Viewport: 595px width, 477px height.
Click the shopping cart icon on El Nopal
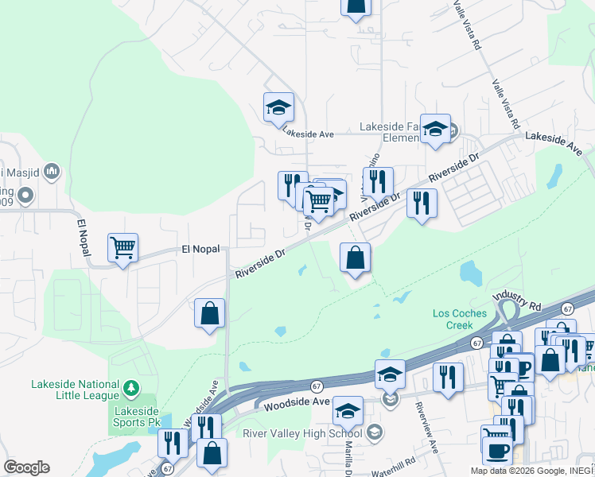click(122, 248)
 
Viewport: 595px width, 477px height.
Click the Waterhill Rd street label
click(393, 461)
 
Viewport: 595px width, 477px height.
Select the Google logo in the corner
click(26, 467)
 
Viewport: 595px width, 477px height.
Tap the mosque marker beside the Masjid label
click(52, 171)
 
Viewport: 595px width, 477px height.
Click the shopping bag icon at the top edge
click(356, 6)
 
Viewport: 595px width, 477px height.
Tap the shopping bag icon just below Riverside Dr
click(355, 258)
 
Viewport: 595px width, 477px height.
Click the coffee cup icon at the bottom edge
click(498, 451)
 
